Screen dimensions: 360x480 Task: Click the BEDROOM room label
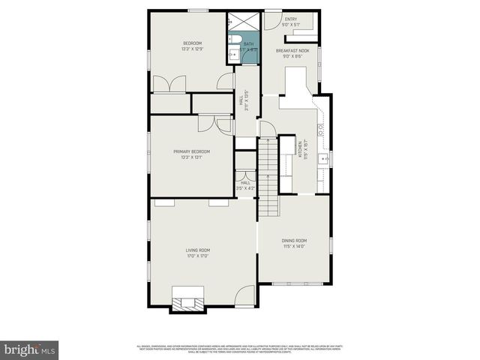pos(193,43)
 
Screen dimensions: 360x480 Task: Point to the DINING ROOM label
pos(295,240)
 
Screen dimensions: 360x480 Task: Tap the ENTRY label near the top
pos(290,19)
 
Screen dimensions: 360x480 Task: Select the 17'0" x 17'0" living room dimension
pos(198,256)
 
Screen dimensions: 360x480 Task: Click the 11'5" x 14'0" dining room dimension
pos(295,246)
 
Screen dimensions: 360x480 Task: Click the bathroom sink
pos(232,55)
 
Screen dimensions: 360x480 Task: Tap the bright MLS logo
pos(30,349)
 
